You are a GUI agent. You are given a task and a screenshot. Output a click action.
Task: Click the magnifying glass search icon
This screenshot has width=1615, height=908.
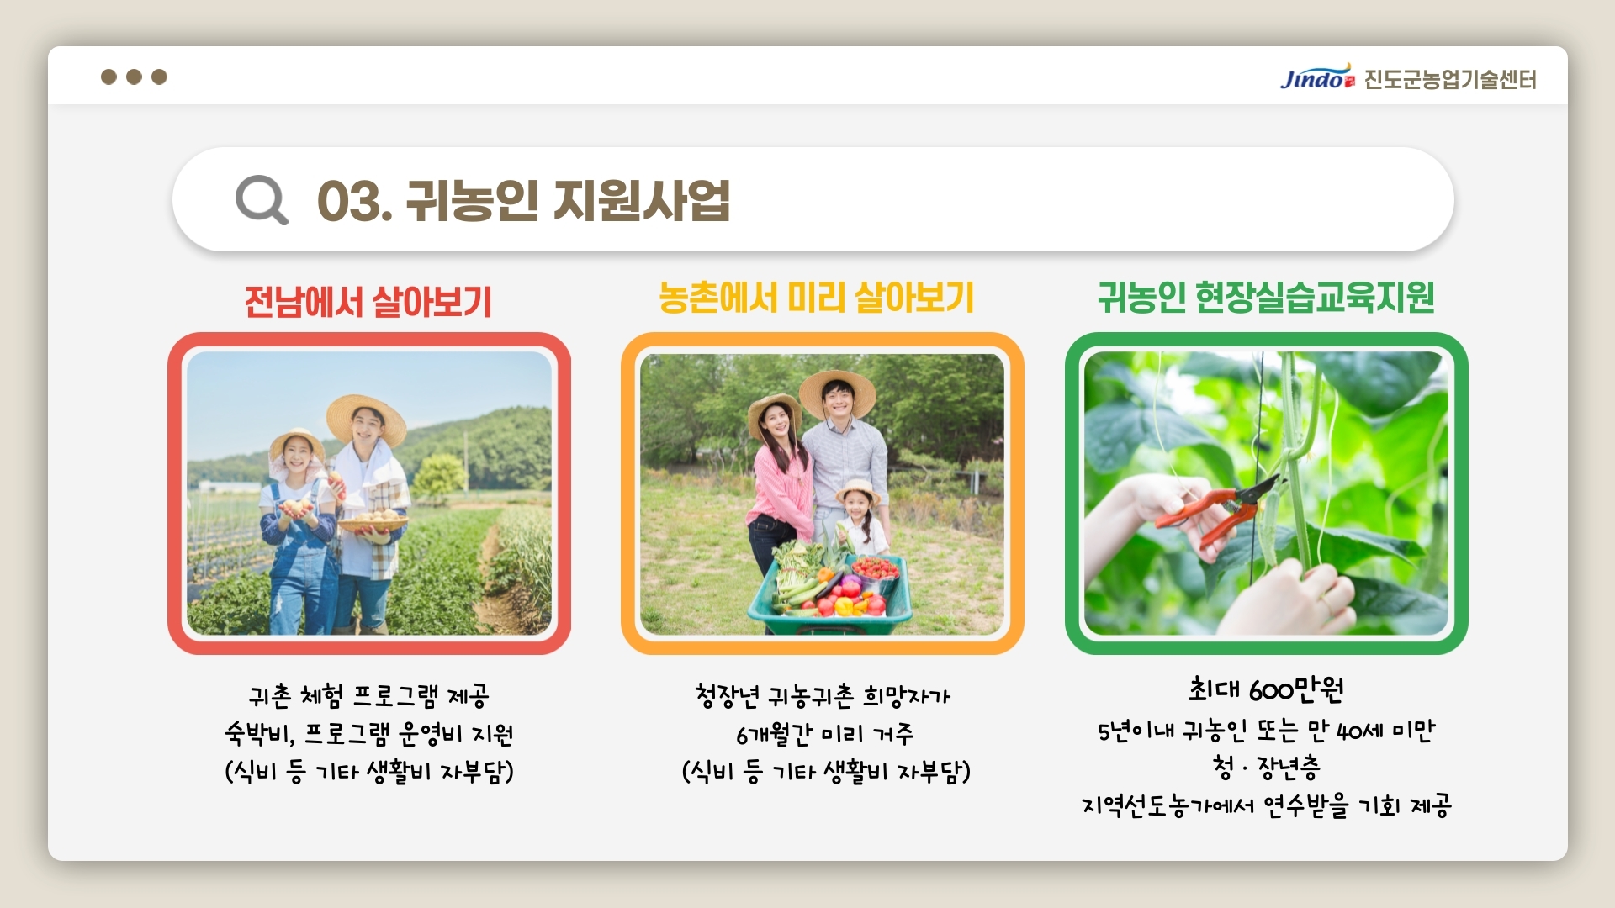(261, 199)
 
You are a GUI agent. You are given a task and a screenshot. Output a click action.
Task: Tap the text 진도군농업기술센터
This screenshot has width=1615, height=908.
(1450, 79)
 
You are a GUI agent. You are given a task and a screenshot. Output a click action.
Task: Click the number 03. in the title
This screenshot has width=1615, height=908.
(354, 202)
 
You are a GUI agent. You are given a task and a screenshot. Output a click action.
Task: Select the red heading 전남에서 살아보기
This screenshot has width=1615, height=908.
(368, 301)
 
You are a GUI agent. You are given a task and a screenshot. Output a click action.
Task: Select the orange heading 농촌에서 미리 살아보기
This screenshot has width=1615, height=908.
(816, 298)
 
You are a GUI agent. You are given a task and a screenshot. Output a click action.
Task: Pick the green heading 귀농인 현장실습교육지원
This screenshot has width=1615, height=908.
(1266, 297)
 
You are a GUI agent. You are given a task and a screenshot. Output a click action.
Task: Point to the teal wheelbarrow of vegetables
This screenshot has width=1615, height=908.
(829, 594)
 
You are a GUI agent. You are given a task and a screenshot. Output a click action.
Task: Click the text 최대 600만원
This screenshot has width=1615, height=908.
(1266, 689)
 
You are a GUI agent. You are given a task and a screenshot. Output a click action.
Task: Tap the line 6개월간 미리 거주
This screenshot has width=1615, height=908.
(824, 734)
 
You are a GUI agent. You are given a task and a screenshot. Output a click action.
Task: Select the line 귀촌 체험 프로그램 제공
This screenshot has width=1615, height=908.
(368, 695)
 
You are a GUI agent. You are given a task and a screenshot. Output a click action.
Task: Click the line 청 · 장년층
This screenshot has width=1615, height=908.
(1266, 767)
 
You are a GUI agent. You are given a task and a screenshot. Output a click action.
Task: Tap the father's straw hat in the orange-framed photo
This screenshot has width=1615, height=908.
(837, 390)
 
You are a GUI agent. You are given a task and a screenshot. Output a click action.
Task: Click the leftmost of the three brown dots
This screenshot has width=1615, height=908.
(109, 77)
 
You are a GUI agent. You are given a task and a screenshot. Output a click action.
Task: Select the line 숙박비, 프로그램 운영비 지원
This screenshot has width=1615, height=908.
(368, 734)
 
